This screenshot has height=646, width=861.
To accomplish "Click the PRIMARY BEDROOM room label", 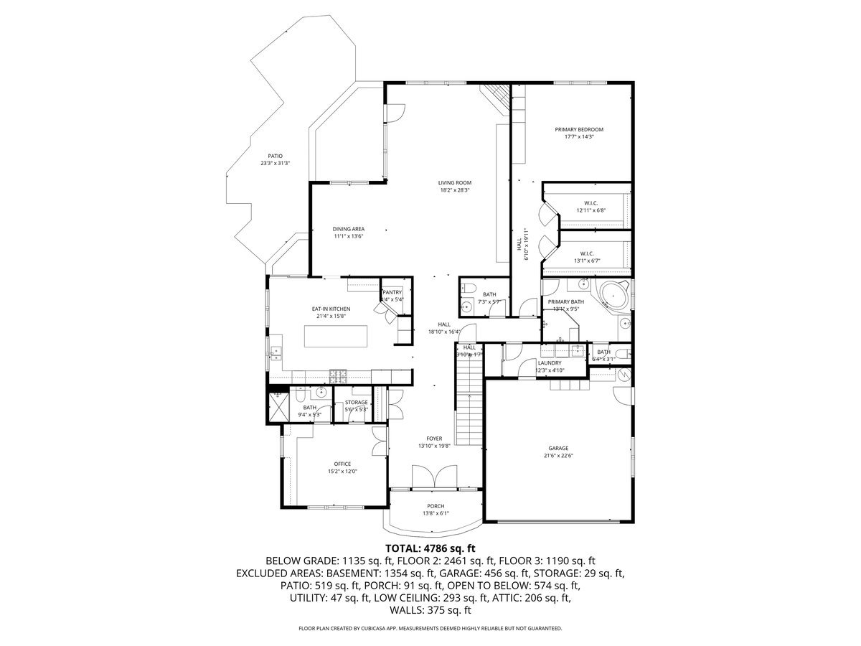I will point(578,130).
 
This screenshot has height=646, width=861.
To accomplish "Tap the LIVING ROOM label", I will point(454,182).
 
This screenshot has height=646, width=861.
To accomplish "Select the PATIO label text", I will point(275,156).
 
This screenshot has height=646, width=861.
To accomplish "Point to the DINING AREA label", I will point(348,229).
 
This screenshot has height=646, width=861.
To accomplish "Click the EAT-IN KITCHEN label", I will point(330,309).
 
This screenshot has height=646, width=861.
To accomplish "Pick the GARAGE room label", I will point(559,448).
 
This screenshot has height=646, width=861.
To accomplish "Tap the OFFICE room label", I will point(342,464).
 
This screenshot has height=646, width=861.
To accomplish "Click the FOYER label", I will point(434,439).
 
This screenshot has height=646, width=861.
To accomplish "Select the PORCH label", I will point(436,505).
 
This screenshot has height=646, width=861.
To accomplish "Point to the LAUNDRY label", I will point(550,363).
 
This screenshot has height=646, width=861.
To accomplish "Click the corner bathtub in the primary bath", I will point(613,294).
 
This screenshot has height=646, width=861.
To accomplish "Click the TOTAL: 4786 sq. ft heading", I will point(430,548).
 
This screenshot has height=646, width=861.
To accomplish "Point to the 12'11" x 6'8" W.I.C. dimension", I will point(591,211).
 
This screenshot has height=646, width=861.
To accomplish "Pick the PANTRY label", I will point(392,292).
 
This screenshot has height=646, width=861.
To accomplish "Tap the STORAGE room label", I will point(356,402).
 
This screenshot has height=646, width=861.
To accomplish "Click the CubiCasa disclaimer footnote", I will point(430,628).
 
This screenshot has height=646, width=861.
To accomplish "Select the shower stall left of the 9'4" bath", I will point(277,407).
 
